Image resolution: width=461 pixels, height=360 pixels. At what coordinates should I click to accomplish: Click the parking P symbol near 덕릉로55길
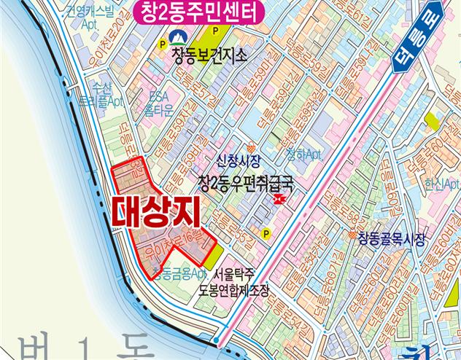[x=266, y=234]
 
